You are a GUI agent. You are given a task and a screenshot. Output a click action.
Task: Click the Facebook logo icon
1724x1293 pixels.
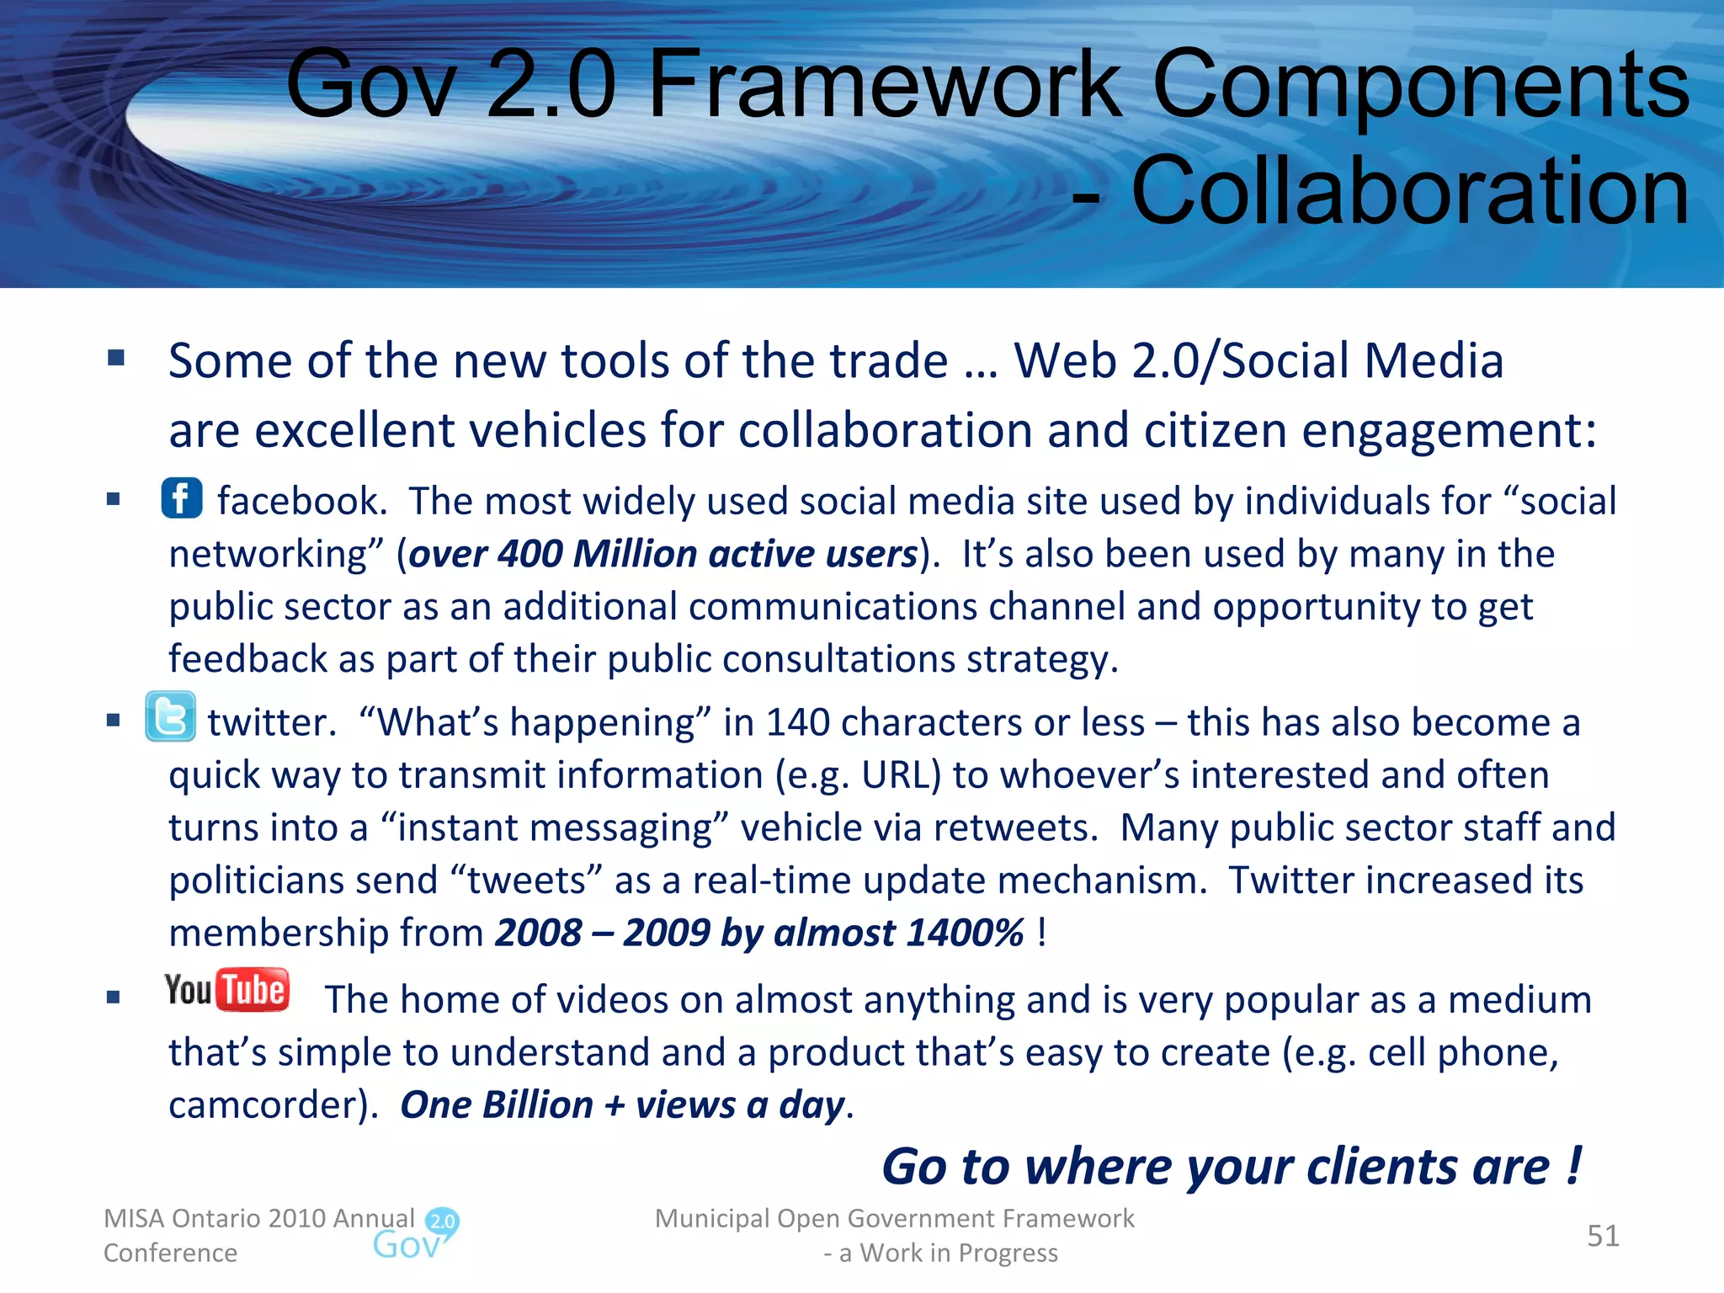click(182, 498)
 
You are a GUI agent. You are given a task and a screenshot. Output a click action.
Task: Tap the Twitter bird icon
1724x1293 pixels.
click(170, 717)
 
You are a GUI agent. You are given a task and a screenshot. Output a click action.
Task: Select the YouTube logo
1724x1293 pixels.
click(227, 990)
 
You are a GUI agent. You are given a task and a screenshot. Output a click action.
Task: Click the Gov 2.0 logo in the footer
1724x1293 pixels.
click(416, 1234)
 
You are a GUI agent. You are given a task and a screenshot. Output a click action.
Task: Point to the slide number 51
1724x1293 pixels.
click(1603, 1236)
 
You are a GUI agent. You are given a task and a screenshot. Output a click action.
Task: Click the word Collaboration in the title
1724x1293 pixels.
click(1409, 192)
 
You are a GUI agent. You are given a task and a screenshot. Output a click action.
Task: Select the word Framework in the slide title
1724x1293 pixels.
click(884, 84)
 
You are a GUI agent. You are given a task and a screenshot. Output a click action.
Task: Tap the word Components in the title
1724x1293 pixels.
click(1419, 84)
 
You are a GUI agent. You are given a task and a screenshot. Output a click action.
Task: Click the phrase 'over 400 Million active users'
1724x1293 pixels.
click(662, 554)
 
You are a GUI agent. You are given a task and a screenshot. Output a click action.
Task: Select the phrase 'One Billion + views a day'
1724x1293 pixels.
click(623, 1104)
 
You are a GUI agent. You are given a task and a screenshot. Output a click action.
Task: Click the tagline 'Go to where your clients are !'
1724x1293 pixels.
click(1232, 1167)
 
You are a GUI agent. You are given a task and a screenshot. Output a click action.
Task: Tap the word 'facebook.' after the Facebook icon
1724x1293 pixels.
click(302, 501)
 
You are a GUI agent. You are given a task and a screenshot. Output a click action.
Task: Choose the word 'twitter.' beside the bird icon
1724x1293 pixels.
click(272, 722)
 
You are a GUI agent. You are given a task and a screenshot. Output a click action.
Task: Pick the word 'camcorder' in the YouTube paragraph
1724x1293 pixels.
click(268, 1104)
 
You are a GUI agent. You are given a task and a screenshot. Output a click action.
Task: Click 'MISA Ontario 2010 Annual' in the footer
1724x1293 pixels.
click(258, 1218)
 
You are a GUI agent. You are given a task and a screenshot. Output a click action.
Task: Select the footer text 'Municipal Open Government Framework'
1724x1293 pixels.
click(894, 1218)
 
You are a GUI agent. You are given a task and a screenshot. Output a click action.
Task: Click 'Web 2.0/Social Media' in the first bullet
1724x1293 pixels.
click(1258, 360)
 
